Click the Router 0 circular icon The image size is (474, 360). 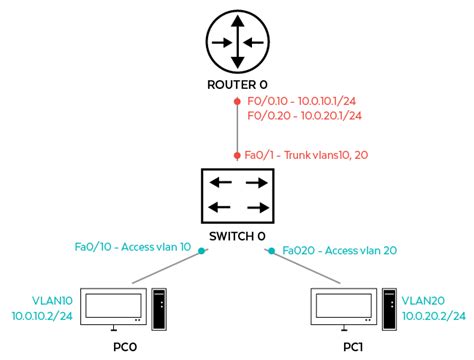237,42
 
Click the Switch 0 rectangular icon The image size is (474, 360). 237,195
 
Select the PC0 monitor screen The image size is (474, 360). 112,306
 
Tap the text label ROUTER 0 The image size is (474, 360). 237,86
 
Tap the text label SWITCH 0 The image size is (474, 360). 237,237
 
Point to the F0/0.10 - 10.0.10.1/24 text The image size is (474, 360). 303,101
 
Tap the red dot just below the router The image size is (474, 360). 237,102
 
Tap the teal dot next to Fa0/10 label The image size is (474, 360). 200,249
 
